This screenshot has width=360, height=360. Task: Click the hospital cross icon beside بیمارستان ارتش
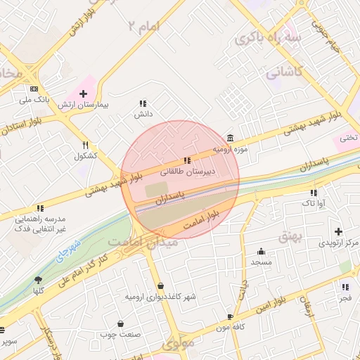pos(84,94)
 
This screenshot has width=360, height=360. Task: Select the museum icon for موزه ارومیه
pos(231,138)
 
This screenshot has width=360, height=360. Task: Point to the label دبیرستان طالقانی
pos(188,171)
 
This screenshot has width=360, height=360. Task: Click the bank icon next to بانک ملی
pos(34,89)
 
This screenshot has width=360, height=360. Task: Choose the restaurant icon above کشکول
pos(85,145)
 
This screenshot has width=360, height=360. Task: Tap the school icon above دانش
pos(143,103)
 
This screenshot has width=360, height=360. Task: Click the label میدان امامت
pos(145,241)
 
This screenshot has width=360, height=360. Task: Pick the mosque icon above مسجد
pos(262,251)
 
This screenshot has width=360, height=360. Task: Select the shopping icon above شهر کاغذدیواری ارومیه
pos(161,285)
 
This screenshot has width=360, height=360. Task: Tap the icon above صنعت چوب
pos(121,324)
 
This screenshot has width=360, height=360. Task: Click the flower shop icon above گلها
pos(38,280)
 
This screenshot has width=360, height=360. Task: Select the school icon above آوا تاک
pos(314,193)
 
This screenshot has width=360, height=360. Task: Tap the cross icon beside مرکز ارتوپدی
pos(339,231)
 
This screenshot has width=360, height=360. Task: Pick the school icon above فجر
pos(345,287)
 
